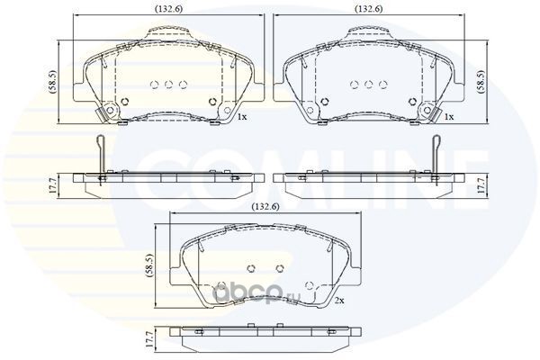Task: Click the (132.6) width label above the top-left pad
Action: [169, 9]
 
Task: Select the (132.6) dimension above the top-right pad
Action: [369, 9]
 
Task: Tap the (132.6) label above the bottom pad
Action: [265, 206]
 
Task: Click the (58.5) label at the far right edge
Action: [481, 82]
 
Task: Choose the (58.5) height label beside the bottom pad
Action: [149, 265]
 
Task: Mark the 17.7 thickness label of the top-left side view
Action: [52, 185]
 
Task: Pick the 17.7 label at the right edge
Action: [481, 185]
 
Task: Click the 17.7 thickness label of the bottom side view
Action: [148, 338]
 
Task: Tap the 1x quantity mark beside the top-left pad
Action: [242, 117]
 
